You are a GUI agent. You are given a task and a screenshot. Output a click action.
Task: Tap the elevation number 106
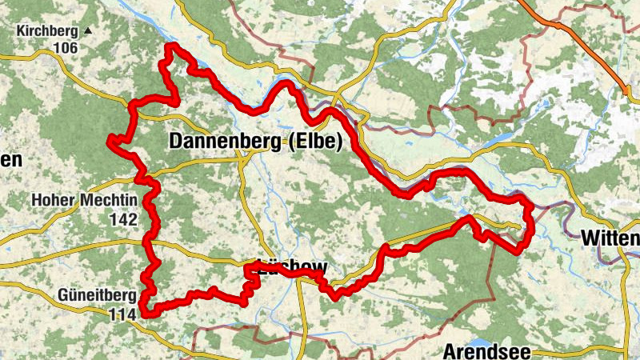(x=66, y=48)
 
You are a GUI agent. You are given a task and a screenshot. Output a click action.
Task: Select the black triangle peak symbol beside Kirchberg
(x=89, y=31)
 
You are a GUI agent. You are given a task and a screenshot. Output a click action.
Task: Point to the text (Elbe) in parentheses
(x=316, y=142)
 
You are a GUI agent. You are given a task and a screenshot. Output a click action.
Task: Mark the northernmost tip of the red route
(x=170, y=48)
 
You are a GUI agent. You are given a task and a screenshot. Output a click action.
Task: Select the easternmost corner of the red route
(x=530, y=210)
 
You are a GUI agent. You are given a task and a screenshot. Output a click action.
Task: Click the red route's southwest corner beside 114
(x=145, y=311)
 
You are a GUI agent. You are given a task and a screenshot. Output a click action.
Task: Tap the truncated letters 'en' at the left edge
(x=10, y=160)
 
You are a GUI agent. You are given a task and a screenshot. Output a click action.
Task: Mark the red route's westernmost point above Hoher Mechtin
(x=110, y=141)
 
